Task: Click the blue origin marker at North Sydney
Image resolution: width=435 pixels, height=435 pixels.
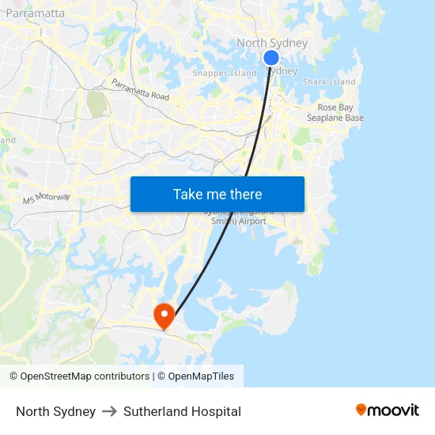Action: (270, 58)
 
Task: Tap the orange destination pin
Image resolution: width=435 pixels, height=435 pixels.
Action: (165, 316)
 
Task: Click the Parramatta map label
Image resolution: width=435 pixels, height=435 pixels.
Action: (35, 13)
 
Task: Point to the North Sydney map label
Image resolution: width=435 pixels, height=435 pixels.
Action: (272, 43)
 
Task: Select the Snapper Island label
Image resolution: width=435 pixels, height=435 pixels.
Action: (225, 74)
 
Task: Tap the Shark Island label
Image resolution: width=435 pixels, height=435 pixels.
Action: (329, 81)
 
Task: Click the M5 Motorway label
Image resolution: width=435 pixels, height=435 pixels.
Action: (47, 198)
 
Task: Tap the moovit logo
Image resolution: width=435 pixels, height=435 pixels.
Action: (388, 410)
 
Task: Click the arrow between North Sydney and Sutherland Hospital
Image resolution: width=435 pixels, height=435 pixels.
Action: (109, 411)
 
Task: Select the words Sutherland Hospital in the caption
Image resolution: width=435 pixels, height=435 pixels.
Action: (182, 411)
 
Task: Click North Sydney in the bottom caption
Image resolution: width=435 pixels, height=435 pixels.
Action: (55, 411)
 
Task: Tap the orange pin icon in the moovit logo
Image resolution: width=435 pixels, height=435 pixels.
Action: (361, 410)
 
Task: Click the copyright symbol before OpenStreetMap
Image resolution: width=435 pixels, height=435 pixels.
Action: (14, 376)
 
